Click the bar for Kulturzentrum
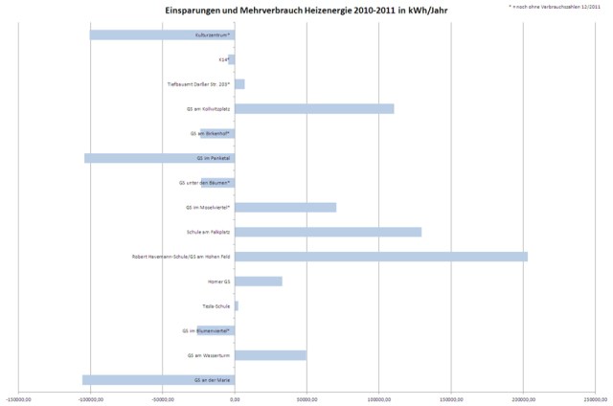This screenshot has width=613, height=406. (162, 34)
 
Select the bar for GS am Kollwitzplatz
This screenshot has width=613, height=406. (314, 108)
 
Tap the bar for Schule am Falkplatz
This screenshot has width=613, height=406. (328, 232)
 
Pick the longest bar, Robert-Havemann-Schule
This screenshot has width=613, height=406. (381, 257)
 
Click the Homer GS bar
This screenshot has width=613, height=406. (259, 282)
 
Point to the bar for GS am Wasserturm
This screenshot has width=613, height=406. (270, 355)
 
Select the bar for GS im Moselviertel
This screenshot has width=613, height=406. (285, 207)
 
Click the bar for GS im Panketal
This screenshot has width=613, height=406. (159, 158)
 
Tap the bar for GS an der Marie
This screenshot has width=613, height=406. (158, 380)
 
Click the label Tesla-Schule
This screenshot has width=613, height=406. (216, 306)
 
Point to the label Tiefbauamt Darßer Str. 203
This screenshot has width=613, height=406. (198, 84)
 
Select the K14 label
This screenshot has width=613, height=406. (223, 59)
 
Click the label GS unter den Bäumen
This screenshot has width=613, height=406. (204, 183)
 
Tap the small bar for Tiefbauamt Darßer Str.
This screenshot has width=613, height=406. (239, 84)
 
